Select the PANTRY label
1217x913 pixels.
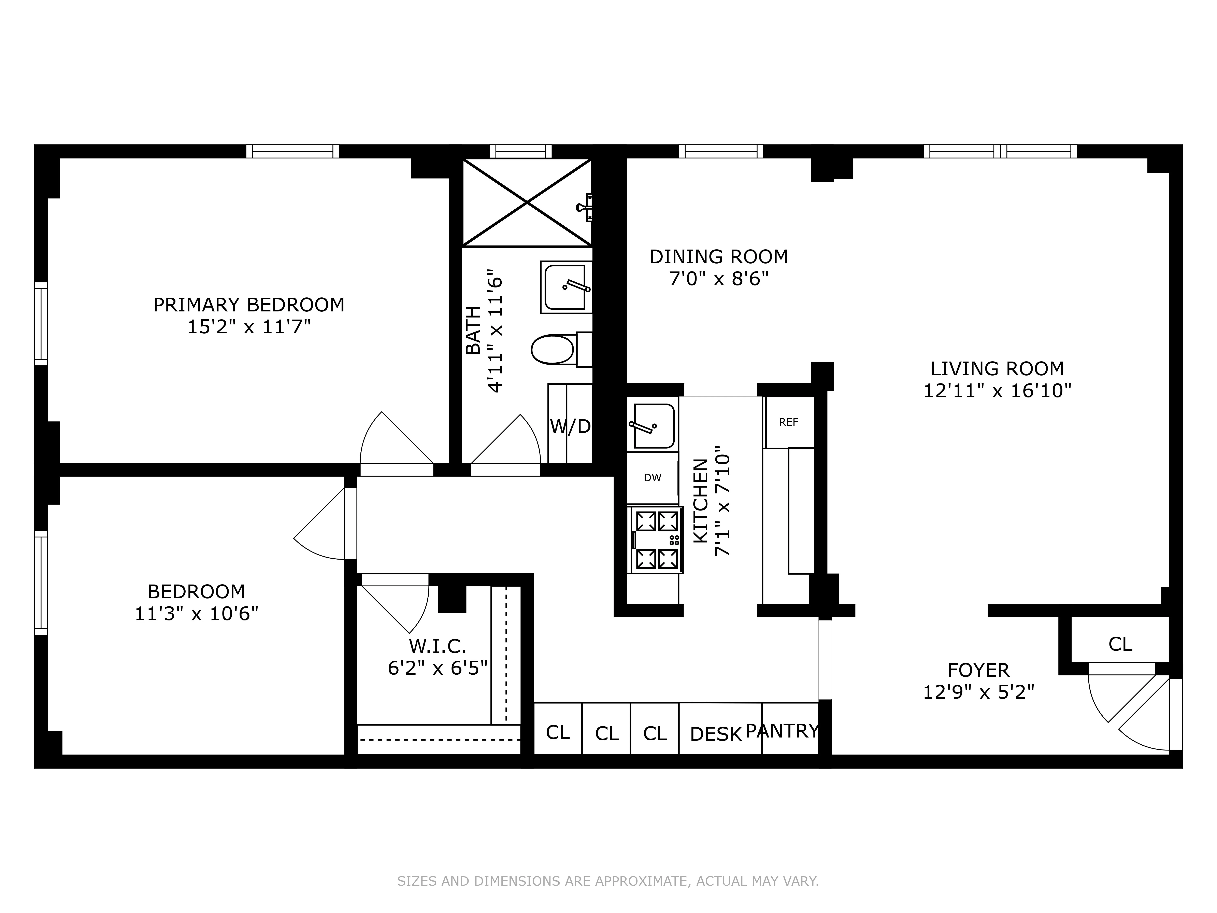[782, 731]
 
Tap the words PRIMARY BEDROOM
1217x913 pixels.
[249, 304]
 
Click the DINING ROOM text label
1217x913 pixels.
[718, 256]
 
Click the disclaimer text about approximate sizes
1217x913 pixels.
[608, 881]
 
